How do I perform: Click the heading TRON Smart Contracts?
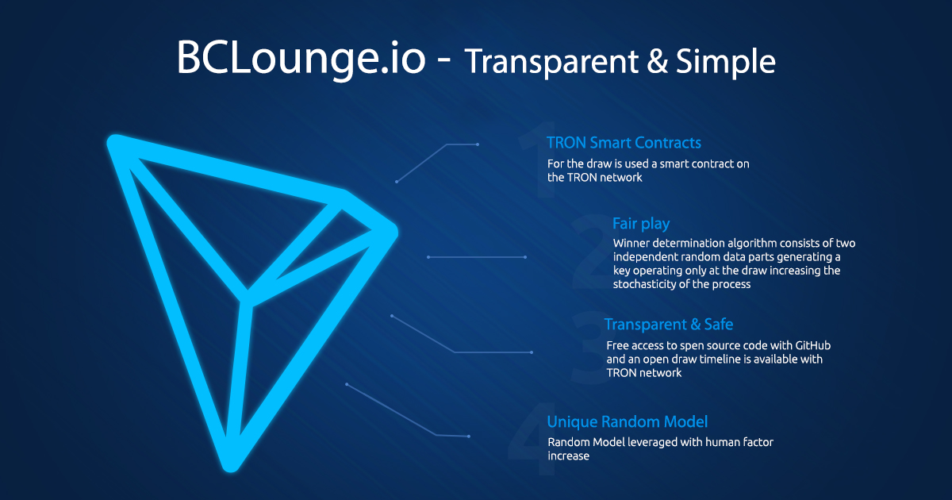tap(624, 143)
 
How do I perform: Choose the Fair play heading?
tap(641, 224)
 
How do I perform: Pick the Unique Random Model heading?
tap(627, 421)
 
